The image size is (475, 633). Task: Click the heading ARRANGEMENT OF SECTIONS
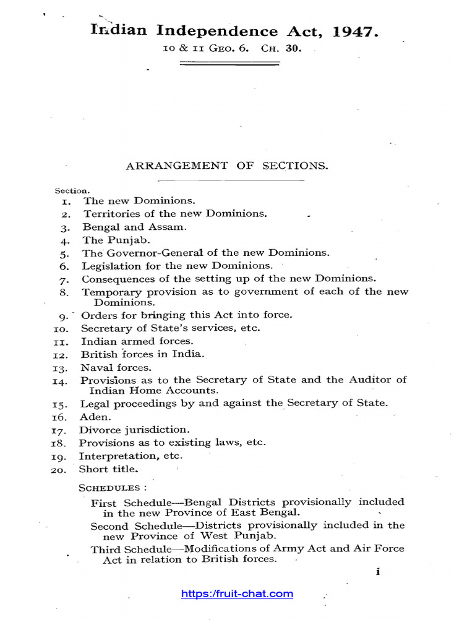pos(227,166)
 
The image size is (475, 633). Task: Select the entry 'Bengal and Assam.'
pos(135,227)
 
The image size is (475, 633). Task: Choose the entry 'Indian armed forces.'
pos(137,341)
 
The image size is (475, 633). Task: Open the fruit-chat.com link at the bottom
pos(237,594)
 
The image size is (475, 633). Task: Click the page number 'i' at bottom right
pos(377,572)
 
